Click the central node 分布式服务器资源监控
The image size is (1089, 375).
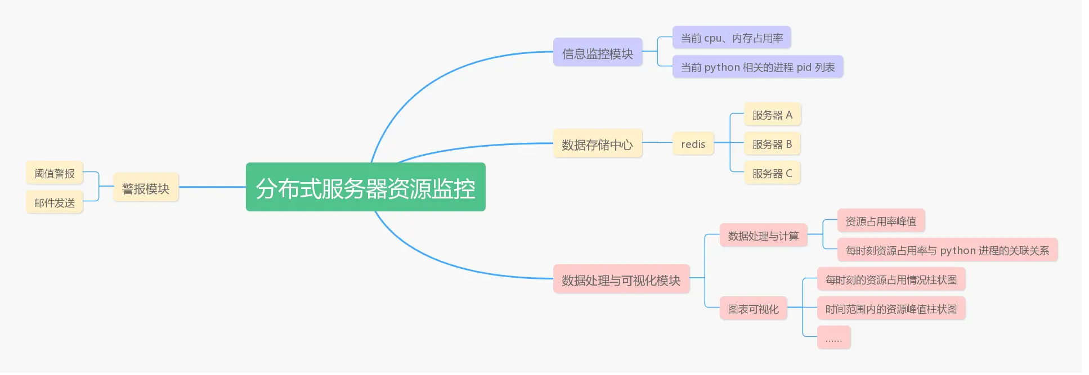[365, 187]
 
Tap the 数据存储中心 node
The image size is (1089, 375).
[597, 144]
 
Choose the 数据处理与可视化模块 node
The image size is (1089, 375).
[621, 279]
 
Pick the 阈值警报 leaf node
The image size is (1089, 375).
[55, 173]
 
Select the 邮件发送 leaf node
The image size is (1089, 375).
[55, 202]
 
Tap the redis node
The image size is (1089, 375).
[693, 144]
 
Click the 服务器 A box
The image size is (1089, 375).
[772, 115]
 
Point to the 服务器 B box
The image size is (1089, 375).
[772, 144]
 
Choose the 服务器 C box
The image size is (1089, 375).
[772, 173]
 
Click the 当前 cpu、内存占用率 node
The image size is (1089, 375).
[732, 38]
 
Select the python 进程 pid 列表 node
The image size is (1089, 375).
[758, 67]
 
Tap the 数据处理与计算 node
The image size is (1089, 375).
[763, 236]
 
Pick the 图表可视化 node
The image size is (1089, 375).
[753, 309]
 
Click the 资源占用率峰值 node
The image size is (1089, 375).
[881, 221]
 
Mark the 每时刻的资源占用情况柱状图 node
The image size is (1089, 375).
[891, 279]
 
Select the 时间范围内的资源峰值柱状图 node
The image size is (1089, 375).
[891, 309]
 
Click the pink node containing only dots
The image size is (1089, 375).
[833, 338]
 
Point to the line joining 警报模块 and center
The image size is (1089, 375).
[212, 187]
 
